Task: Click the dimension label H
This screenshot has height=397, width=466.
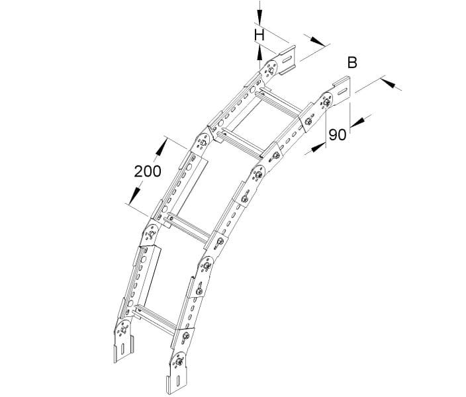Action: (259, 36)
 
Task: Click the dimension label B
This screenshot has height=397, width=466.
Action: (352, 63)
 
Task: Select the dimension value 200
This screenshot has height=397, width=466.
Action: (148, 171)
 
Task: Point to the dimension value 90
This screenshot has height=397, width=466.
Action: (338, 134)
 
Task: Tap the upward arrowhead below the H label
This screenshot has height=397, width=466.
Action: (259, 53)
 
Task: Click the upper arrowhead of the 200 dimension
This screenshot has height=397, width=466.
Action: (161, 148)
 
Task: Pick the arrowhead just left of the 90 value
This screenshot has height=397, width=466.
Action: (318, 148)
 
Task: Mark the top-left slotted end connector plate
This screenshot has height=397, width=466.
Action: (287, 60)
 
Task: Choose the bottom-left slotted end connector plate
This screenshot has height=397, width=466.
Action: (124, 349)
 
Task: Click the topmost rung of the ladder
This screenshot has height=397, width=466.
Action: (278, 103)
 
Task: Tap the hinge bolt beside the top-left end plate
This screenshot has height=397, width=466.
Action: (271, 70)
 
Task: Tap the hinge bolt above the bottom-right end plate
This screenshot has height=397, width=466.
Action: (179, 362)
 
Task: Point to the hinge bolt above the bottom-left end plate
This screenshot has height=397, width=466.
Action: (124, 330)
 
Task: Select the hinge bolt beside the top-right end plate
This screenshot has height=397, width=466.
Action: (327, 102)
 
